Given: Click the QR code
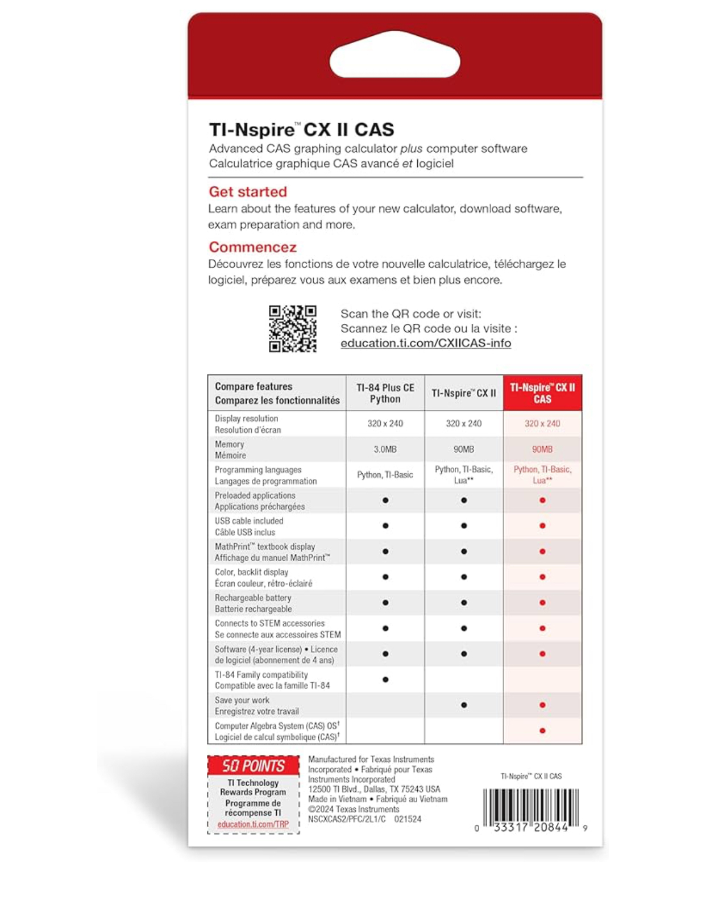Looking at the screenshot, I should (292, 329).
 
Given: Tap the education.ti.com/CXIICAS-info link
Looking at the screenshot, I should (425, 343).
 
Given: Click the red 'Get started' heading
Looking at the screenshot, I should (248, 192).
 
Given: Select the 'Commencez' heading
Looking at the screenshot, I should (252, 247).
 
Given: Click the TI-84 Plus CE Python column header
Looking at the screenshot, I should (385, 393).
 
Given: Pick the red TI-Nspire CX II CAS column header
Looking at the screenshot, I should (542, 393).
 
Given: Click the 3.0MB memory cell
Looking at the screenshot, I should (385, 449).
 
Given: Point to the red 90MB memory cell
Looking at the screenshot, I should (542, 449).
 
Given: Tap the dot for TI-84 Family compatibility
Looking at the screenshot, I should (385, 679).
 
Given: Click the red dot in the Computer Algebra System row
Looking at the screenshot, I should (542, 731).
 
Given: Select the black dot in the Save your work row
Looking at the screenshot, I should (464, 705).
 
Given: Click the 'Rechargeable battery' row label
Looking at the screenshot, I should (253, 598).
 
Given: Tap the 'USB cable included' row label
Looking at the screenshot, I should (249, 521).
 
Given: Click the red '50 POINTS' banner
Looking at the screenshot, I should (253, 766).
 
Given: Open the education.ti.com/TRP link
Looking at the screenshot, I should (253, 824).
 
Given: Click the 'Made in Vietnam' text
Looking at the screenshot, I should (335, 799).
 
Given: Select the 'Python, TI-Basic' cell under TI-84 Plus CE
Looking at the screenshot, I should (385, 475).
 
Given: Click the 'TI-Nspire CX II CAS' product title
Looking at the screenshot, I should (301, 130).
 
